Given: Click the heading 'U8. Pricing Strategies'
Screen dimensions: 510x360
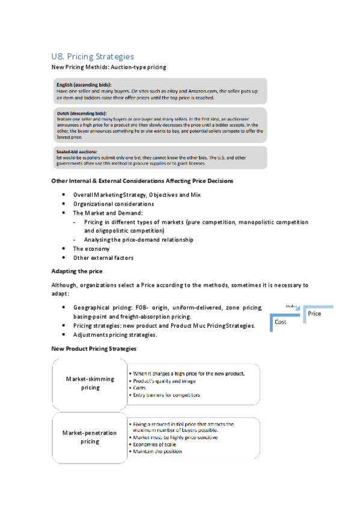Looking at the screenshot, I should [93, 57].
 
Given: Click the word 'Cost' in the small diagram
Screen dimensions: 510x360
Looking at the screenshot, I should [281, 322].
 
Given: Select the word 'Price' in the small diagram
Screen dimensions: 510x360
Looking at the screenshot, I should [314, 313].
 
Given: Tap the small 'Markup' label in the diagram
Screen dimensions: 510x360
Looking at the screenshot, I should [292, 306].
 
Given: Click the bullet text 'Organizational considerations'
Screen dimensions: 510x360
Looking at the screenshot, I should [114, 204].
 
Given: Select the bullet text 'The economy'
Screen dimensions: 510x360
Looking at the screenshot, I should [91, 248].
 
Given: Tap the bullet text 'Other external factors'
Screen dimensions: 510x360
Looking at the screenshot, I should [103, 257].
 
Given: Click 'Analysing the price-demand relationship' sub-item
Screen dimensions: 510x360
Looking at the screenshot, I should [139, 239].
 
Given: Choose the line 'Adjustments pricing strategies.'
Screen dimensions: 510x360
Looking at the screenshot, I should [115, 334].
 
